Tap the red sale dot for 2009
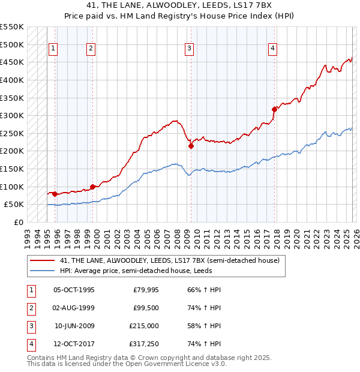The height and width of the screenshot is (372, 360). [x=191, y=146]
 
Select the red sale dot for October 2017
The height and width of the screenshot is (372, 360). [x=274, y=109]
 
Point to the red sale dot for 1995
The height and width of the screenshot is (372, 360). [x=55, y=194]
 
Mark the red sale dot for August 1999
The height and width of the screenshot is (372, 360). [x=92, y=187]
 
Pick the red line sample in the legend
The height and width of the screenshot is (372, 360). [x=42, y=261]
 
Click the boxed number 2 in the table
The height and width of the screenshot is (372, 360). [x=30, y=308]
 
